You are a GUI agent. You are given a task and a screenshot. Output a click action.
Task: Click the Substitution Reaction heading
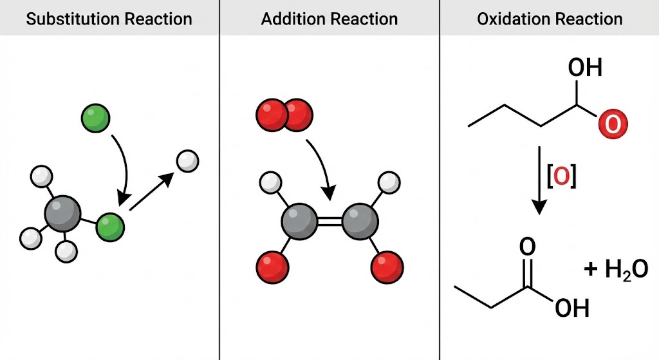[109, 19]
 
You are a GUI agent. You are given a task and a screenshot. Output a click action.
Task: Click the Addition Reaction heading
[329, 19]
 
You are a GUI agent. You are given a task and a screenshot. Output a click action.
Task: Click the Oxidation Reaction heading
[550, 19]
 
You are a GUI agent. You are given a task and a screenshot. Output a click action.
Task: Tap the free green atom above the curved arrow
[95, 118]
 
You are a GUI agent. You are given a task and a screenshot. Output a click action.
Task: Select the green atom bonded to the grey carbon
[110, 227]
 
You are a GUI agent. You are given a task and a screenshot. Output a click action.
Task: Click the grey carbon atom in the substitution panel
[62, 214]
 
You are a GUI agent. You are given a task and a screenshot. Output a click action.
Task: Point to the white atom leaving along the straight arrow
[187, 161]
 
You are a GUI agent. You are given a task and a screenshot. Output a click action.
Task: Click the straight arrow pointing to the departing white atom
[151, 191]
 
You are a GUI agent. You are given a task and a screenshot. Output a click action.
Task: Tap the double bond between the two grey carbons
[329, 222]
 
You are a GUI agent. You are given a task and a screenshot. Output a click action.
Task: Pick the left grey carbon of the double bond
[299, 222]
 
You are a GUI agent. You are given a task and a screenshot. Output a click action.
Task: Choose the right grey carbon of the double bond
[360, 222]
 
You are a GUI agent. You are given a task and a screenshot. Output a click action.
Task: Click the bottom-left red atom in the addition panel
[272, 267]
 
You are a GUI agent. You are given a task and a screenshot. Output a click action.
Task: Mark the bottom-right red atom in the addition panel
[387, 267]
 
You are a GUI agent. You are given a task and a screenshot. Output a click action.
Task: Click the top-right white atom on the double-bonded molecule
[389, 182]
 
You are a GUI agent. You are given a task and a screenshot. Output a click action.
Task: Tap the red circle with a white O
[613, 124]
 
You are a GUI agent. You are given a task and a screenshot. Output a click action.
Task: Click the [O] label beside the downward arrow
[561, 176]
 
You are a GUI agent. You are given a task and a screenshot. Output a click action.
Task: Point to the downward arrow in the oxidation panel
[539, 181]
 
